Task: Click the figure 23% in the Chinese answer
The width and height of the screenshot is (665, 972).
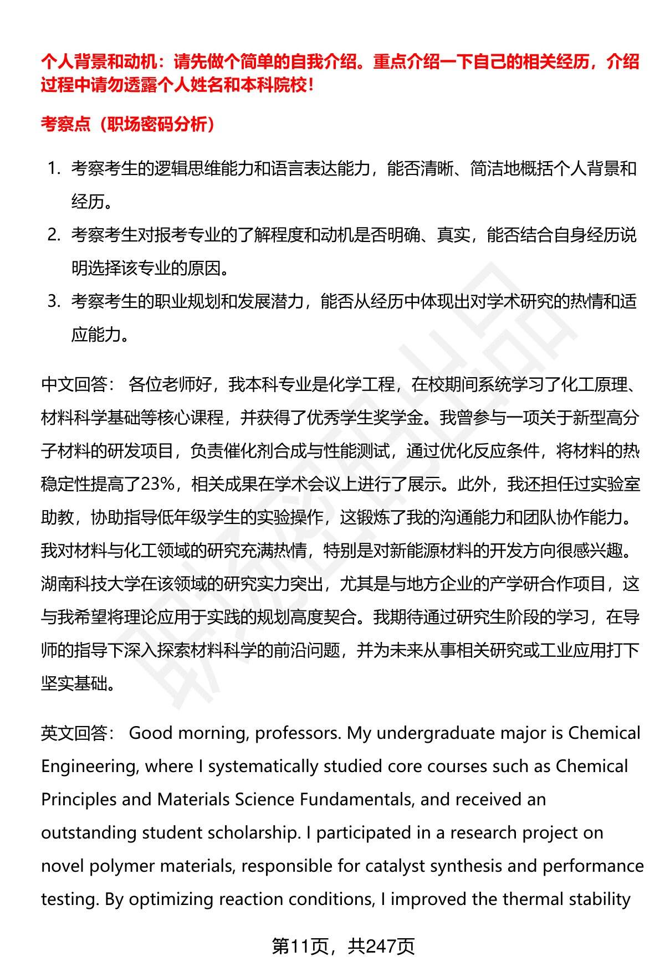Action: click(x=158, y=484)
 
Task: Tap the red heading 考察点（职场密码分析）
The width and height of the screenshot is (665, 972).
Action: click(x=128, y=124)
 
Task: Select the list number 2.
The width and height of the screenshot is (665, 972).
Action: click(x=53, y=235)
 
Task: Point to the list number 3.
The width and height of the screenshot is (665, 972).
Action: click(x=53, y=301)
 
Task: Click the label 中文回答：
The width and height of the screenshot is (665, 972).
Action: click(x=78, y=384)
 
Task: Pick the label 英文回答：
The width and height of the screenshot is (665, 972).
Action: click(x=78, y=733)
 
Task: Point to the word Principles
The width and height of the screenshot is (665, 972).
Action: click(x=78, y=800)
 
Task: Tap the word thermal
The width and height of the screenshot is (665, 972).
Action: click(x=533, y=899)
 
